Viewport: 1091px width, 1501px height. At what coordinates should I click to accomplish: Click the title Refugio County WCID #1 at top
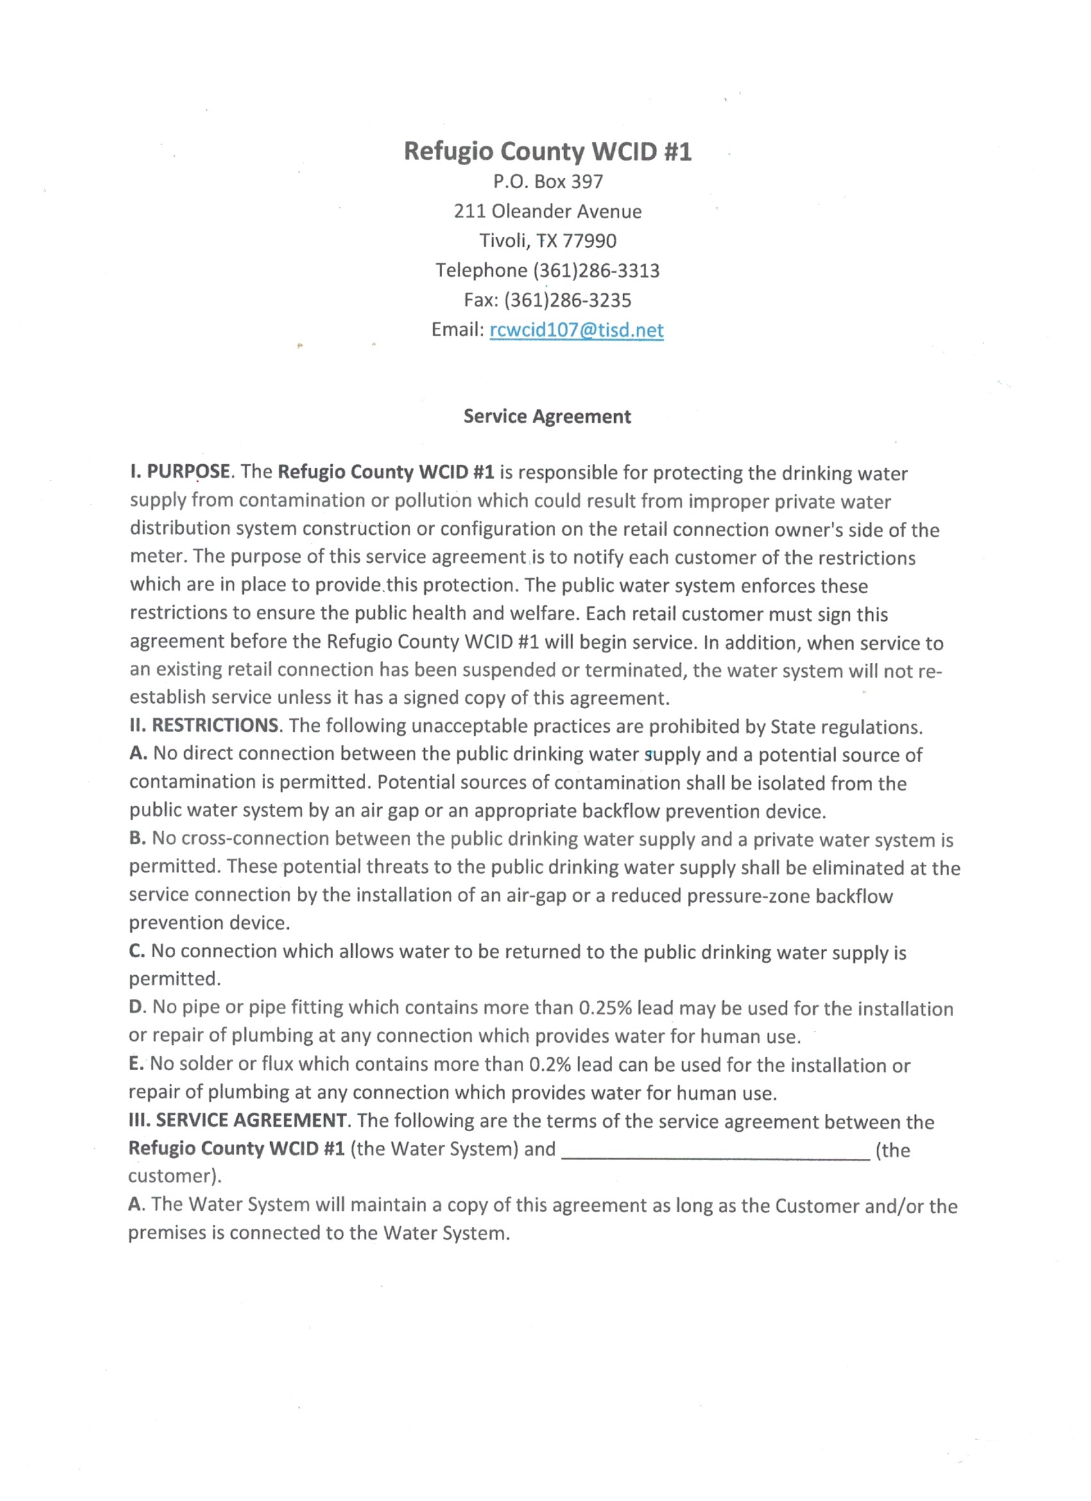(x=547, y=152)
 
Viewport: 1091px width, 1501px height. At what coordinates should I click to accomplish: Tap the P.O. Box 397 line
(x=548, y=181)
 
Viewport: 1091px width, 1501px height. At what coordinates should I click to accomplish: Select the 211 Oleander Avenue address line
(x=547, y=211)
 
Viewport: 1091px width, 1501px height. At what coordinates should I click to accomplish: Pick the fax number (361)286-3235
(x=568, y=300)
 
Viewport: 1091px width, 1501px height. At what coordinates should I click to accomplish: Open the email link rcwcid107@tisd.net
(x=576, y=330)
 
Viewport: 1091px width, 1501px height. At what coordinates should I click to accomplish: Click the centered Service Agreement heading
(x=547, y=416)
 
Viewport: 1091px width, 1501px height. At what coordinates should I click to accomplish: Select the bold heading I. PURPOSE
(x=180, y=472)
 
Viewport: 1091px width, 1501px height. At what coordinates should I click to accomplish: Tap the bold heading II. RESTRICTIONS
(x=205, y=725)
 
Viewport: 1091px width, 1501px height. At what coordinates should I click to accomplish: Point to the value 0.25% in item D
(x=605, y=1008)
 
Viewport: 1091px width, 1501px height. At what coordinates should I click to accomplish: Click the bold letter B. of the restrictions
(x=137, y=838)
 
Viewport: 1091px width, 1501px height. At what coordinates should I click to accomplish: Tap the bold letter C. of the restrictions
(x=137, y=951)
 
